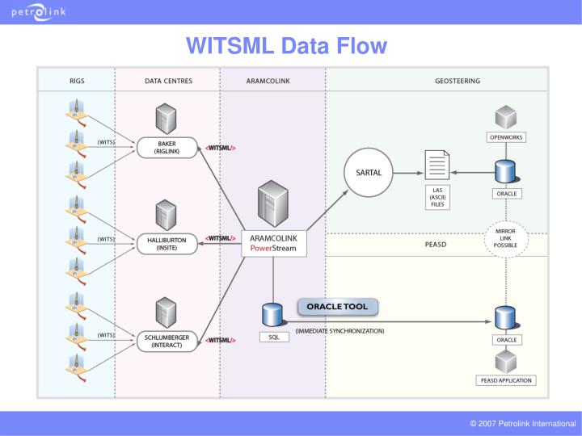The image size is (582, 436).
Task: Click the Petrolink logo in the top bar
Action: [x=39, y=12]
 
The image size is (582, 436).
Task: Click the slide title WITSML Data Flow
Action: [x=286, y=46]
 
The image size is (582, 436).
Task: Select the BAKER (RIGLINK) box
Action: [x=167, y=148]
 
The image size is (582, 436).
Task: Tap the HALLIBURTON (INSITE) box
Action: [x=167, y=243]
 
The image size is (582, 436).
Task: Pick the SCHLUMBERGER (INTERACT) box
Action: [x=167, y=340]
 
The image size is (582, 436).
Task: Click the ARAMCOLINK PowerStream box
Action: [x=273, y=243]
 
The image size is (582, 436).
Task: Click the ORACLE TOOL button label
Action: [x=337, y=308]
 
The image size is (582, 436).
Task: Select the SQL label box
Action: [x=273, y=337]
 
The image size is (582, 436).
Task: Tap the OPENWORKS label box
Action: [x=506, y=137]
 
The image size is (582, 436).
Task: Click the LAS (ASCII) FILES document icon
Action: [x=437, y=166]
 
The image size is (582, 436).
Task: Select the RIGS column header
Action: [x=76, y=81]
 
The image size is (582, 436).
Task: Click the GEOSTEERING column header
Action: [x=458, y=81]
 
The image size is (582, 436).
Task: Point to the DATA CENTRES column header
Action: [x=167, y=81]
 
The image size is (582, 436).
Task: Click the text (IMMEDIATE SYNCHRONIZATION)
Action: [x=339, y=331]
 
